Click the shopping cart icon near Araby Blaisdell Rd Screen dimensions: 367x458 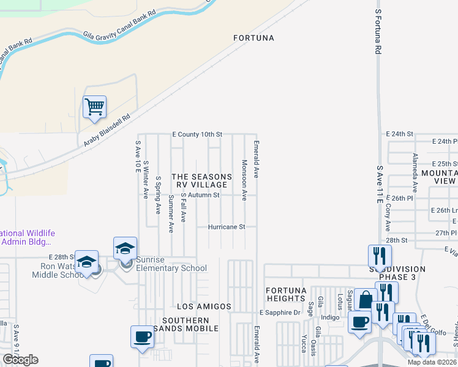coord(95,107)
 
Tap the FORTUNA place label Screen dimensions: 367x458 coord(253,38)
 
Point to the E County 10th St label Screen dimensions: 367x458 coord(197,134)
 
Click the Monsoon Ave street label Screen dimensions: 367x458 coord(244,180)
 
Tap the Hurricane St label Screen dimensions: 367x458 coord(226,226)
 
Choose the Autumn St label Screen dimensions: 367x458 coord(203,195)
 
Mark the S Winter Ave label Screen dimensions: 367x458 coord(146,180)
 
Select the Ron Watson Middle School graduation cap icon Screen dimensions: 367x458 coord(87,262)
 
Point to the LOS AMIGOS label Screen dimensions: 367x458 coord(204,306)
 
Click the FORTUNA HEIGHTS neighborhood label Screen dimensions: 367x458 coord(285,294)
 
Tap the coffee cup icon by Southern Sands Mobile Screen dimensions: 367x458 coord(143,336)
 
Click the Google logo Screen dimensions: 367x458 coord(20,359)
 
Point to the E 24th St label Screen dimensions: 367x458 coord(400,133)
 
